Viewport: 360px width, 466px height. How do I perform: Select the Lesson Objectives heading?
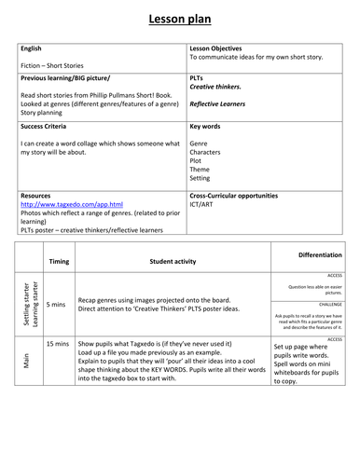click(215, 48)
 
